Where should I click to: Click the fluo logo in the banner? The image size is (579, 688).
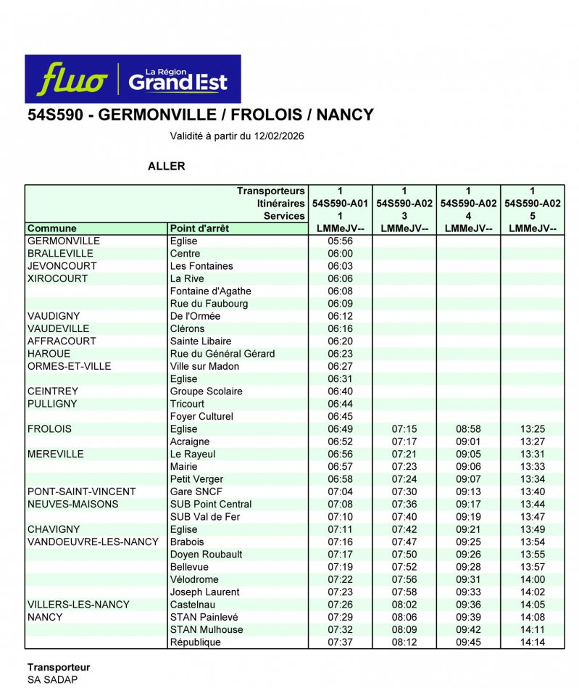[72, 80]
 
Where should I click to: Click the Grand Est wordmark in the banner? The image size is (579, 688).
[178, 80]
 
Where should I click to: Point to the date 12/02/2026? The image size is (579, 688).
[279, 136]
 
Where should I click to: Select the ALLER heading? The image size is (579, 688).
[166, 166]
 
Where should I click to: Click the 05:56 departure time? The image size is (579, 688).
[340, 241]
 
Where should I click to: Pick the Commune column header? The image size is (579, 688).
[51, 228]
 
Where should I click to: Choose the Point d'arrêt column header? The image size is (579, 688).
[199, 228]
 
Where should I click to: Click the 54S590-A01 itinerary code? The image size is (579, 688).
[340, 204]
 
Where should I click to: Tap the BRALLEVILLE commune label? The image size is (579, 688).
[60, 254]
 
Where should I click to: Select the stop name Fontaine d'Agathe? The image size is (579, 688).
[211, 291]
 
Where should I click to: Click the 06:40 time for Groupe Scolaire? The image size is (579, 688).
[340, 391]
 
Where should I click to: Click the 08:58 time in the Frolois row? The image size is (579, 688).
[468, 429]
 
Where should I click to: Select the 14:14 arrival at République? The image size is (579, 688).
[533, 642]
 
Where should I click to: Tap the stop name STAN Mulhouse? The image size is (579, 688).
[207, 630]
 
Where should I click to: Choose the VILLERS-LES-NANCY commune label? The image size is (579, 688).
[78, 605]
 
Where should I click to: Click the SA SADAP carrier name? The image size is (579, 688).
[52, 680]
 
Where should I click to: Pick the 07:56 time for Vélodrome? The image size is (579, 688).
[404, 580]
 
